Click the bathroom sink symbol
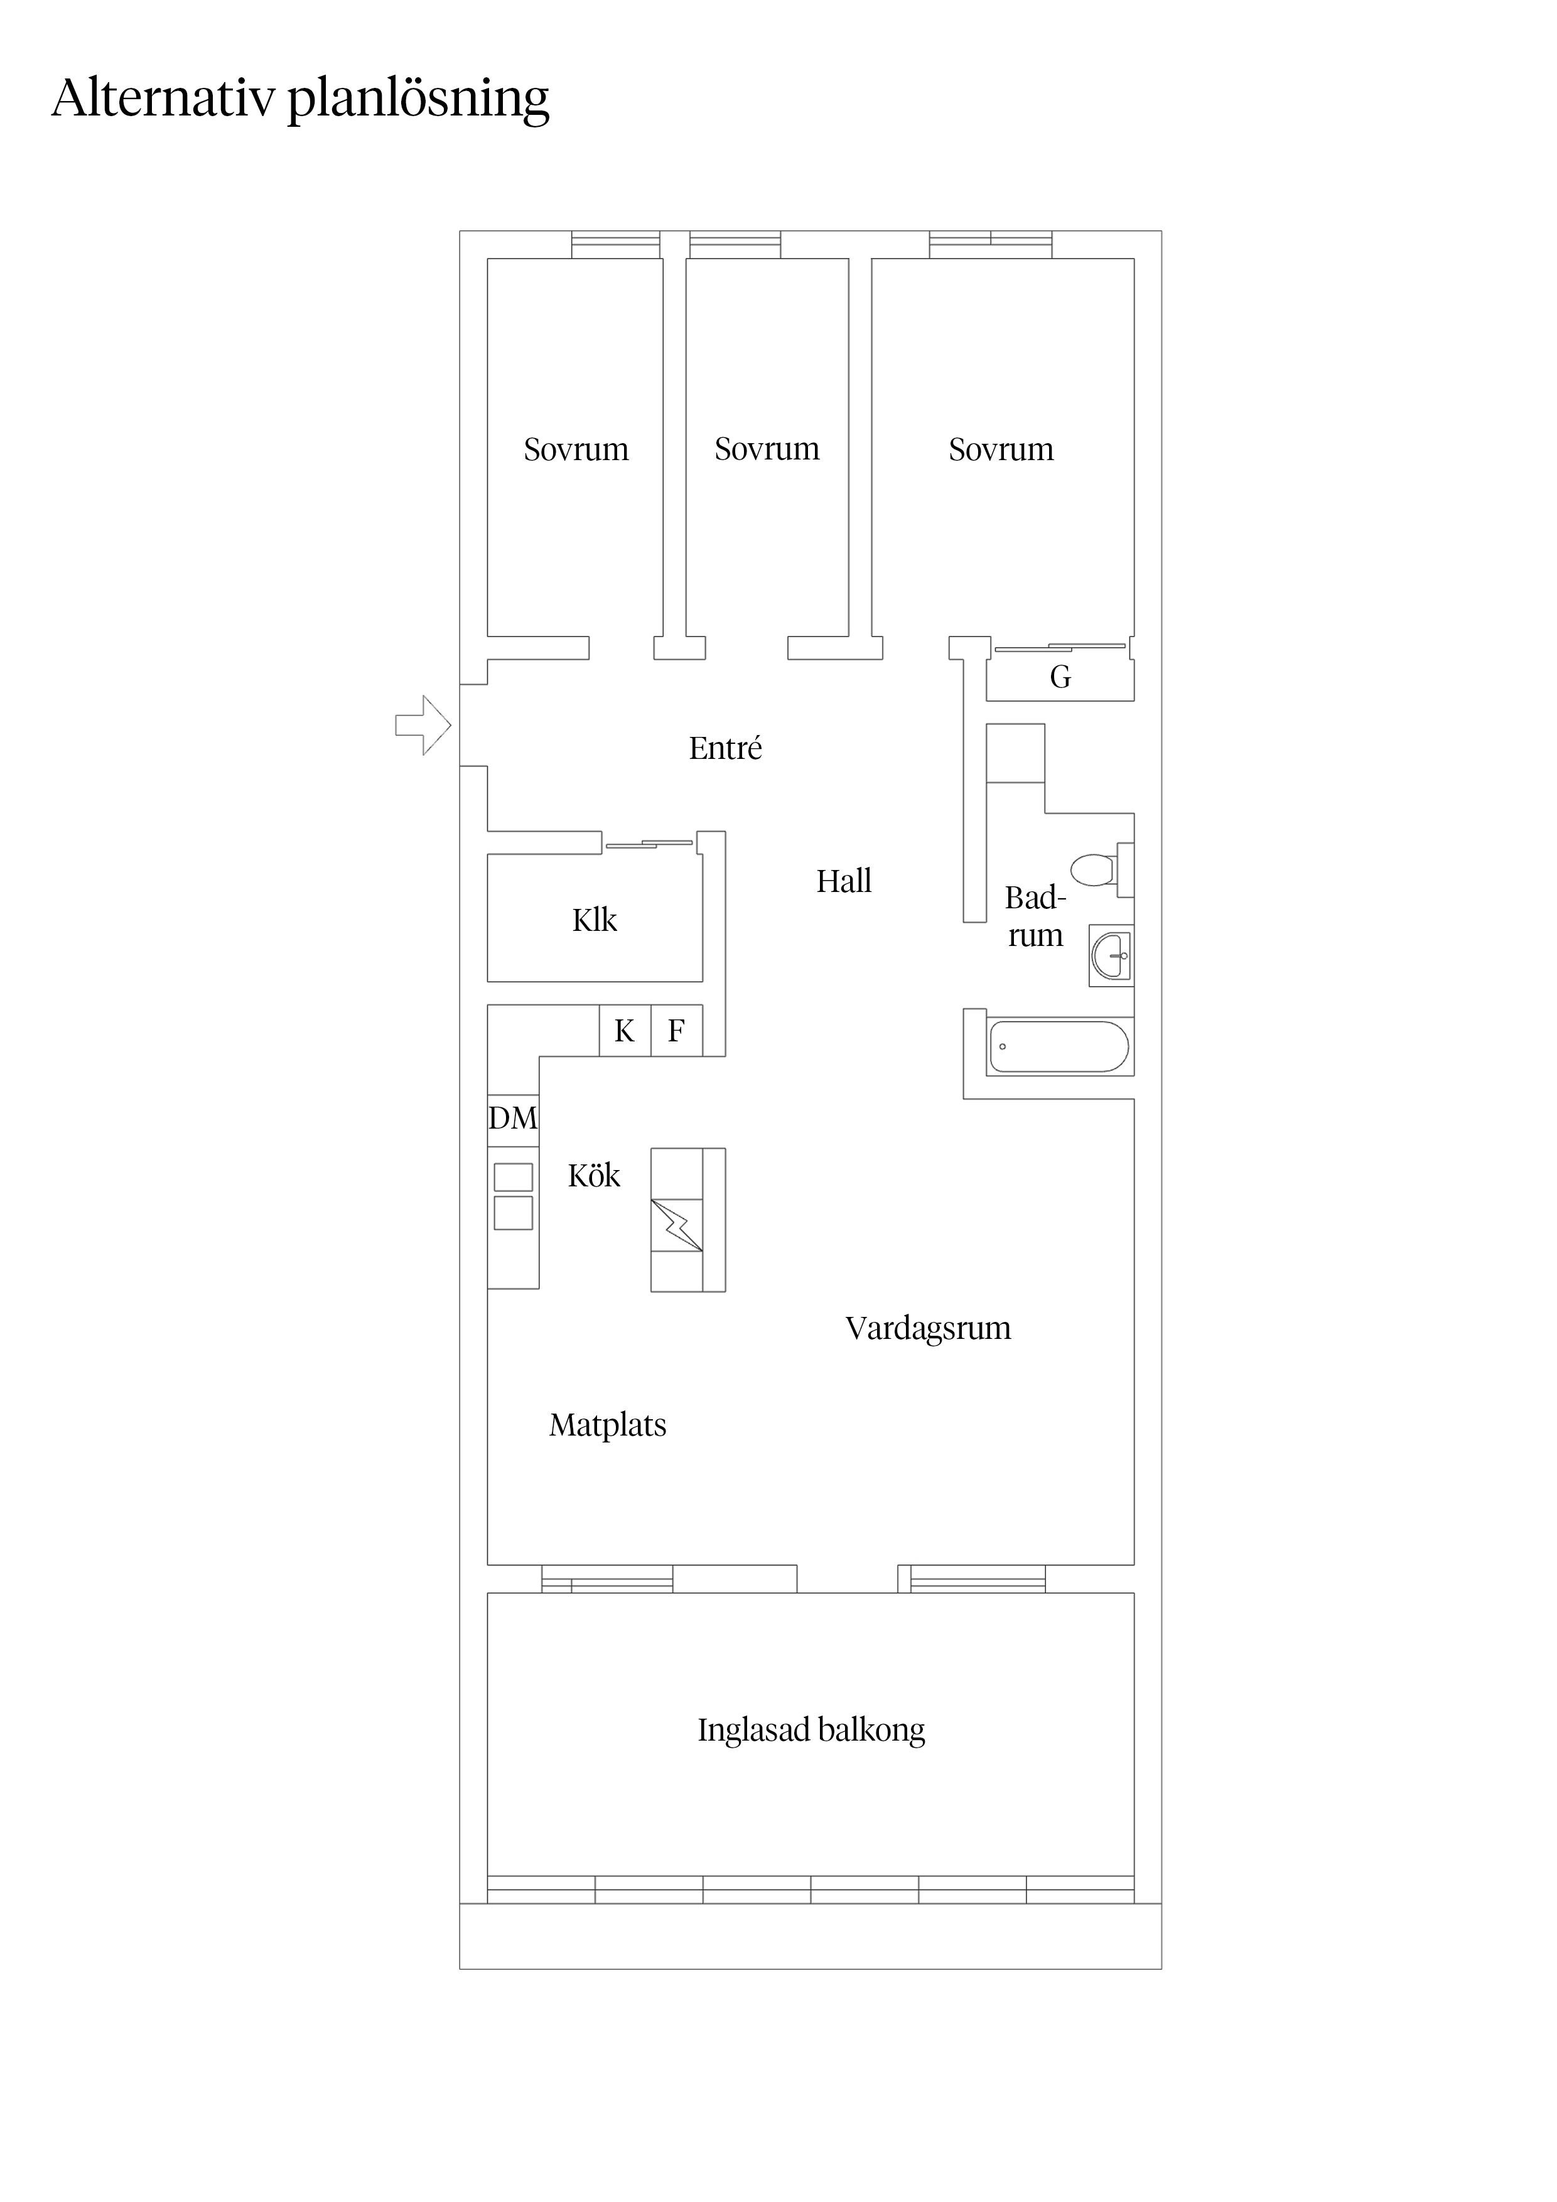coord(1111,955)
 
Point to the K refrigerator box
coord(625,1031)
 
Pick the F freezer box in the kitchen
coord(676,1031)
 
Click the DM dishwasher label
coord(512,1119)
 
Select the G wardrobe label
coord(1060,677)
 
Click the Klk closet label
coord(595,921)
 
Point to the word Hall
coord(844,881)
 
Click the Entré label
coord(725,748)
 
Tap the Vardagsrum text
coord(928,1328)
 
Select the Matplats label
coord(607,1425)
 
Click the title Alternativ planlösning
coord(300,99)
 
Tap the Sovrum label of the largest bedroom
coord(1001,450)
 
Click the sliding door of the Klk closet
coord(649,844)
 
